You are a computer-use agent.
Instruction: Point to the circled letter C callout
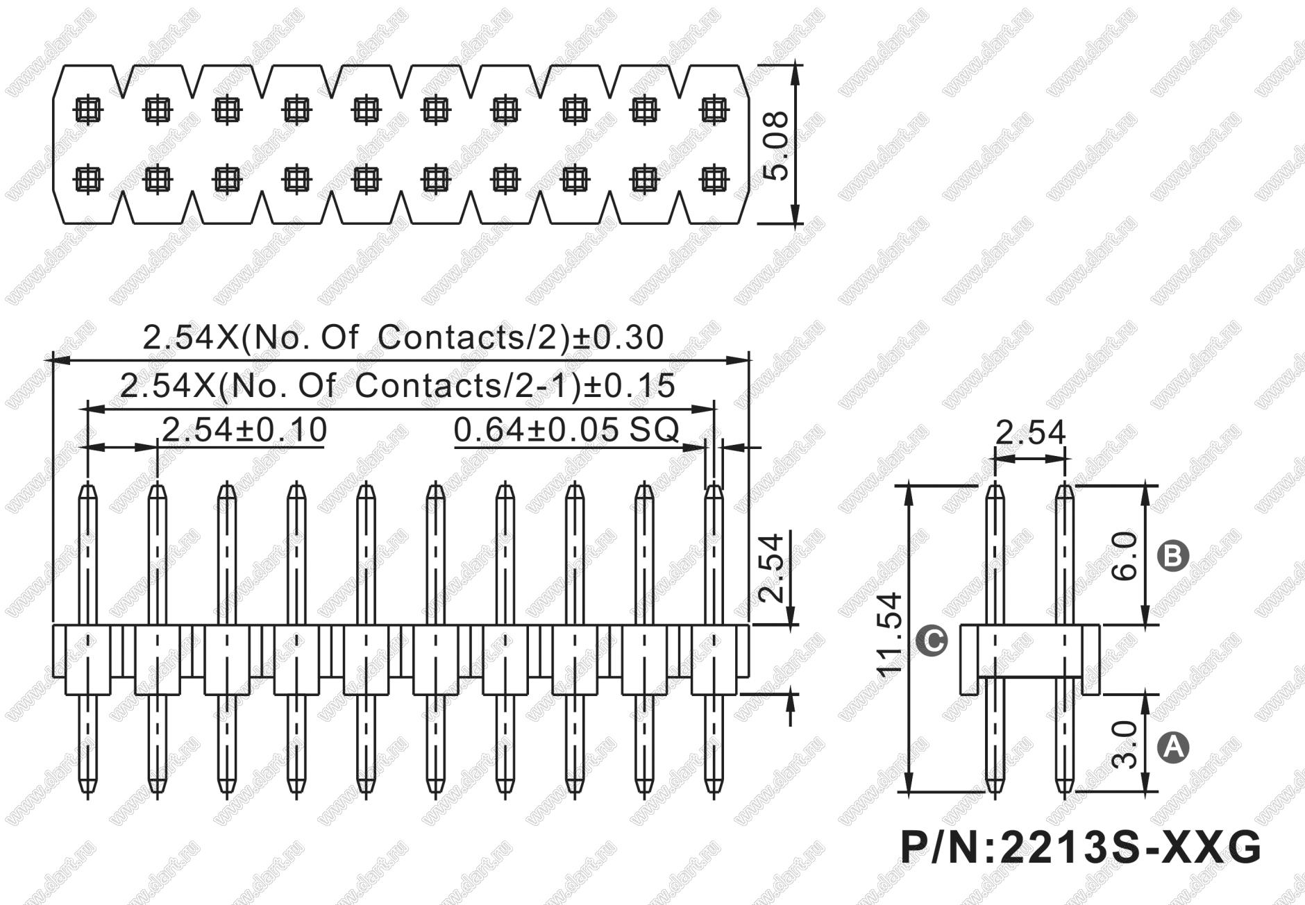pyautogui.click(x=932, y=640)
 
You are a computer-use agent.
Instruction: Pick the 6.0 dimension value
pyautogui.click(x=1125, y=556)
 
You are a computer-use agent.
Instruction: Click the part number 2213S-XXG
pyautogui.click(x=1080, y=848)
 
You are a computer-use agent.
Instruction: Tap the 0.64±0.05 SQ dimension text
pyautogui.click(x=566, y=430)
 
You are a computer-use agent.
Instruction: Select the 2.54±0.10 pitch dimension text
pyautogui.click(x=244, y=430)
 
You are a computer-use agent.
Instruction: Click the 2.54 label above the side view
pyautogui.click(x=1030, y=434)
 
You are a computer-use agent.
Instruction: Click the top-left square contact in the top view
pyautogui.click(x=88, y=109)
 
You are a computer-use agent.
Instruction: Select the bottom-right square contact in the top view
pyautogui.click(x=713, y=180)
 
